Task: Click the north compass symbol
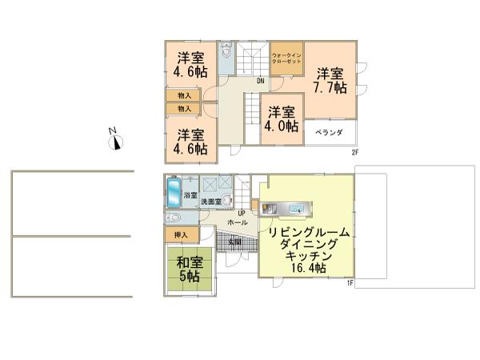click(116, 142)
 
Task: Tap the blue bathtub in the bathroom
click(174, 193)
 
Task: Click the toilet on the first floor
click(173, 217)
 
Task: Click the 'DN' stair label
click(261, 81)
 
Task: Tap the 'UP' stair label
click(241, 213)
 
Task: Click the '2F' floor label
click(354, 152)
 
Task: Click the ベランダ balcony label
click(328, 131)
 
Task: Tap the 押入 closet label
click(181, 234)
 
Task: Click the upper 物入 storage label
click(184, 95)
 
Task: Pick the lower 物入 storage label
click(184, 108)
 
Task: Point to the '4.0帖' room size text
click(282, 126)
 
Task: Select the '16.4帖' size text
click(307, 269)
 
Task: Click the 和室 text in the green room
click(190, 261)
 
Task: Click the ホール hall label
click(238, 222)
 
